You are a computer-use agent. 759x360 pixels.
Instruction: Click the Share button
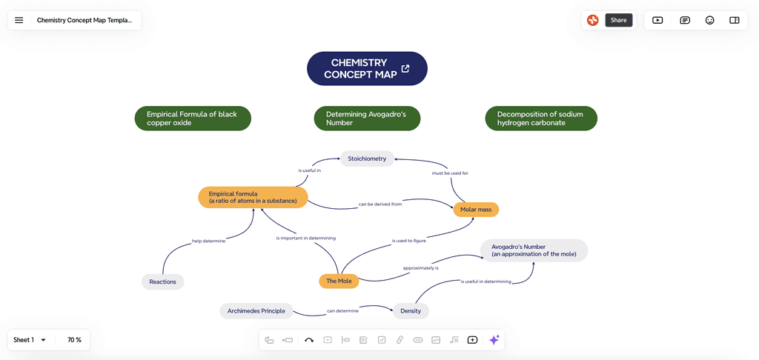618,20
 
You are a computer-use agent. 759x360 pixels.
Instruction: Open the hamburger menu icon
19,20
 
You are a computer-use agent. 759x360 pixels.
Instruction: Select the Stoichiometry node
367,159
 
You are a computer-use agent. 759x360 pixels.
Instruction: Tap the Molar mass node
476,210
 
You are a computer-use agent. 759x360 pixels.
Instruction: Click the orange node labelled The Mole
339,281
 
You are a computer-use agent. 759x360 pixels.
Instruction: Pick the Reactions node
163,281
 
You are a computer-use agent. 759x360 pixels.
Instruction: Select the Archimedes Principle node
256,310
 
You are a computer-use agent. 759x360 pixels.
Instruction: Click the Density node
411,310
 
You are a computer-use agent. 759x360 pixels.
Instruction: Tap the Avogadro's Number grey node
534,250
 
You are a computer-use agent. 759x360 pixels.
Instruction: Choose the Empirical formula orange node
253,197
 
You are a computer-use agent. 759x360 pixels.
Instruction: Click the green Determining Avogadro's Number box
367,119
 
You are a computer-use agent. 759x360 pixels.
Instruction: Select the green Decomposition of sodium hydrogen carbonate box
541,119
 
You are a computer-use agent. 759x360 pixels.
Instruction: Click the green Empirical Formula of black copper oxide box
193,119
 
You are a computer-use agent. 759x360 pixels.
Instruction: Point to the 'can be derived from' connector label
380,204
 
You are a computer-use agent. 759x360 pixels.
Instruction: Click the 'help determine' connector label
208,241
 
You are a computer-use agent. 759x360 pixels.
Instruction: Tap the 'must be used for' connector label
450,173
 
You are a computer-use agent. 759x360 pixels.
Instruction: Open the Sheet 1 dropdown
30,340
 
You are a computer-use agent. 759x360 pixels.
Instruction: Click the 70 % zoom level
74,340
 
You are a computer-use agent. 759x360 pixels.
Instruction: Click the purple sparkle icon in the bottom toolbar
494,340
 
